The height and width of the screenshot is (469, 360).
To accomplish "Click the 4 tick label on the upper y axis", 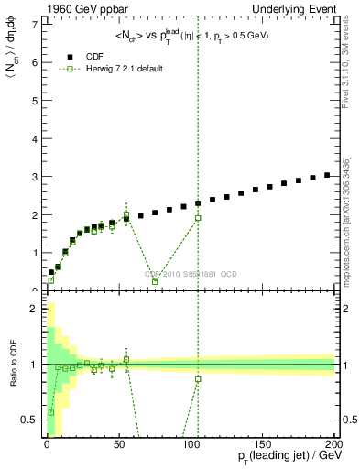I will [x=35, y=138].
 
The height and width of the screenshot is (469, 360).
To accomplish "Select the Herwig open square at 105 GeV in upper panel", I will [x=198, y=218].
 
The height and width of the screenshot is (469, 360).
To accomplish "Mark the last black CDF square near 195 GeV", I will [x=327, y=175].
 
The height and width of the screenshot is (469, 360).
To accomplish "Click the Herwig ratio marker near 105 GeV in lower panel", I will [x=198, y=379].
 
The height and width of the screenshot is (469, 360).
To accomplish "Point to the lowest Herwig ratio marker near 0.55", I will [x=50, y=412].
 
